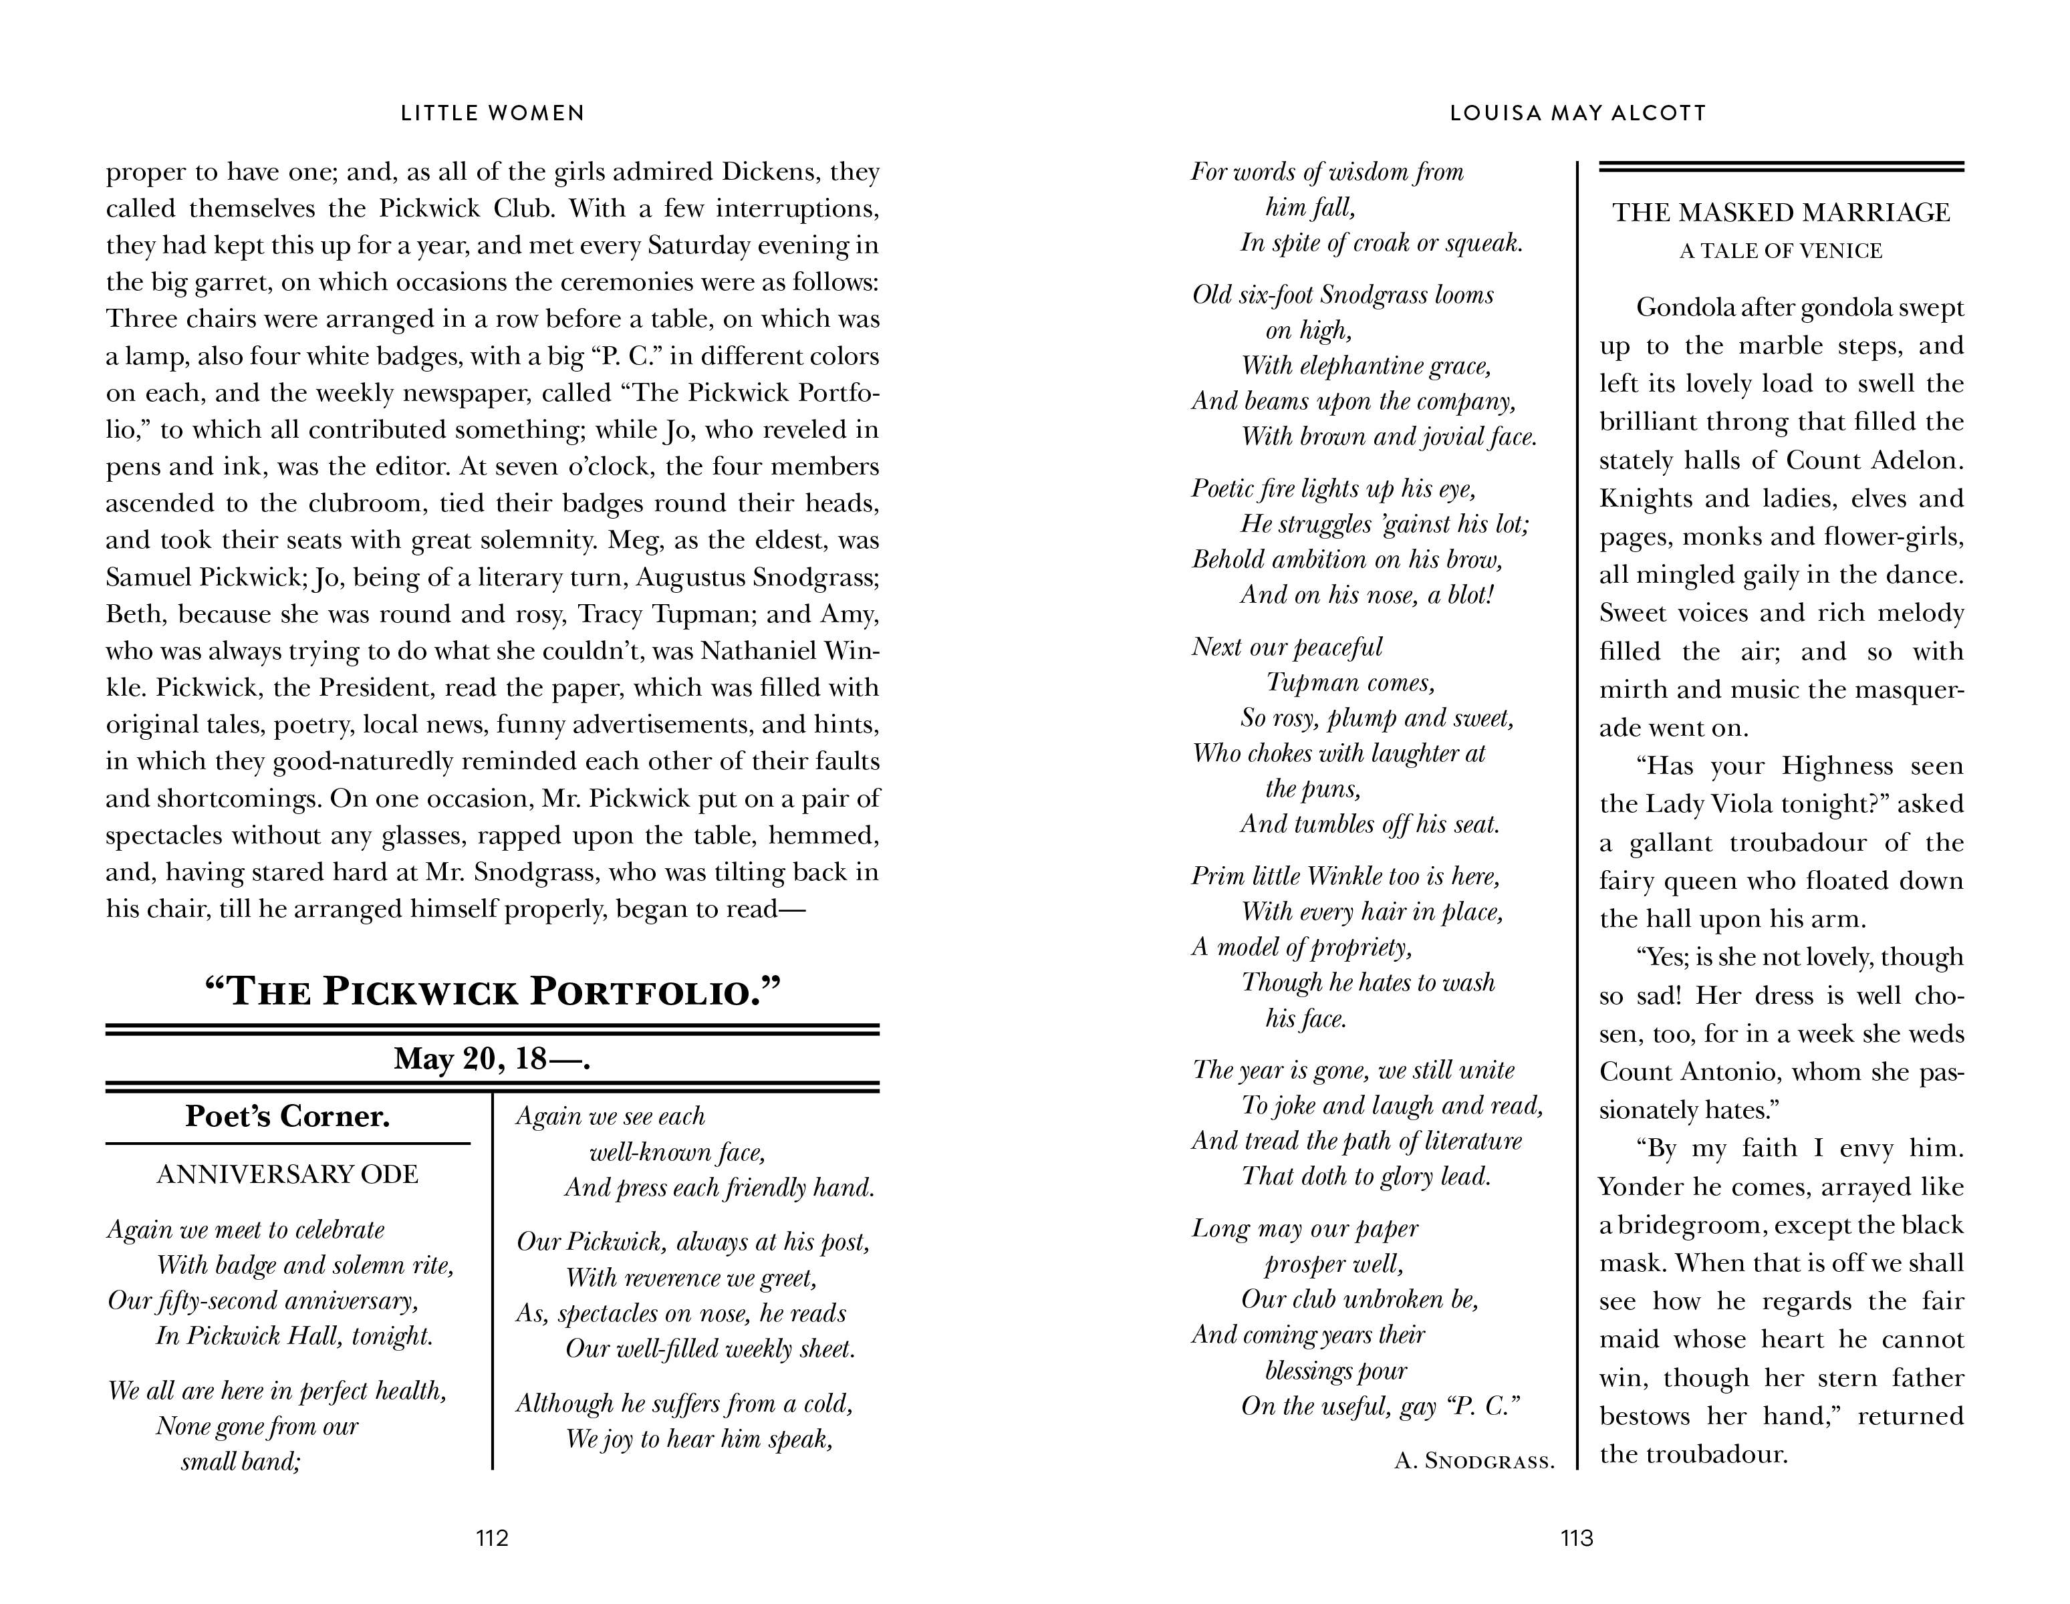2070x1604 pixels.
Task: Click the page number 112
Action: pos(492,1538)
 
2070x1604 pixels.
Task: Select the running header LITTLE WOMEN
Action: pos(493,113)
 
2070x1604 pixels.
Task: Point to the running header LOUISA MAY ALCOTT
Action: pos(1578,113)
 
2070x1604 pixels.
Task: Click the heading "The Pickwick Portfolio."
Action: pos(493,992)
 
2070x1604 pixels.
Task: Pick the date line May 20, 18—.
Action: pos(493,1058)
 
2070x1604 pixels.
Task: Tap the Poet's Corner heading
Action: pos(287,1116)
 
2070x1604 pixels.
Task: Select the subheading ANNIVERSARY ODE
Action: pos(287,1174)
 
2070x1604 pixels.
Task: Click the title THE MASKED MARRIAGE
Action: pos(1781,213)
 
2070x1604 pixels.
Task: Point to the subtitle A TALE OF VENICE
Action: pos(1781,251)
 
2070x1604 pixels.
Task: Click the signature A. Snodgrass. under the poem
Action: pos(1474,1461)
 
